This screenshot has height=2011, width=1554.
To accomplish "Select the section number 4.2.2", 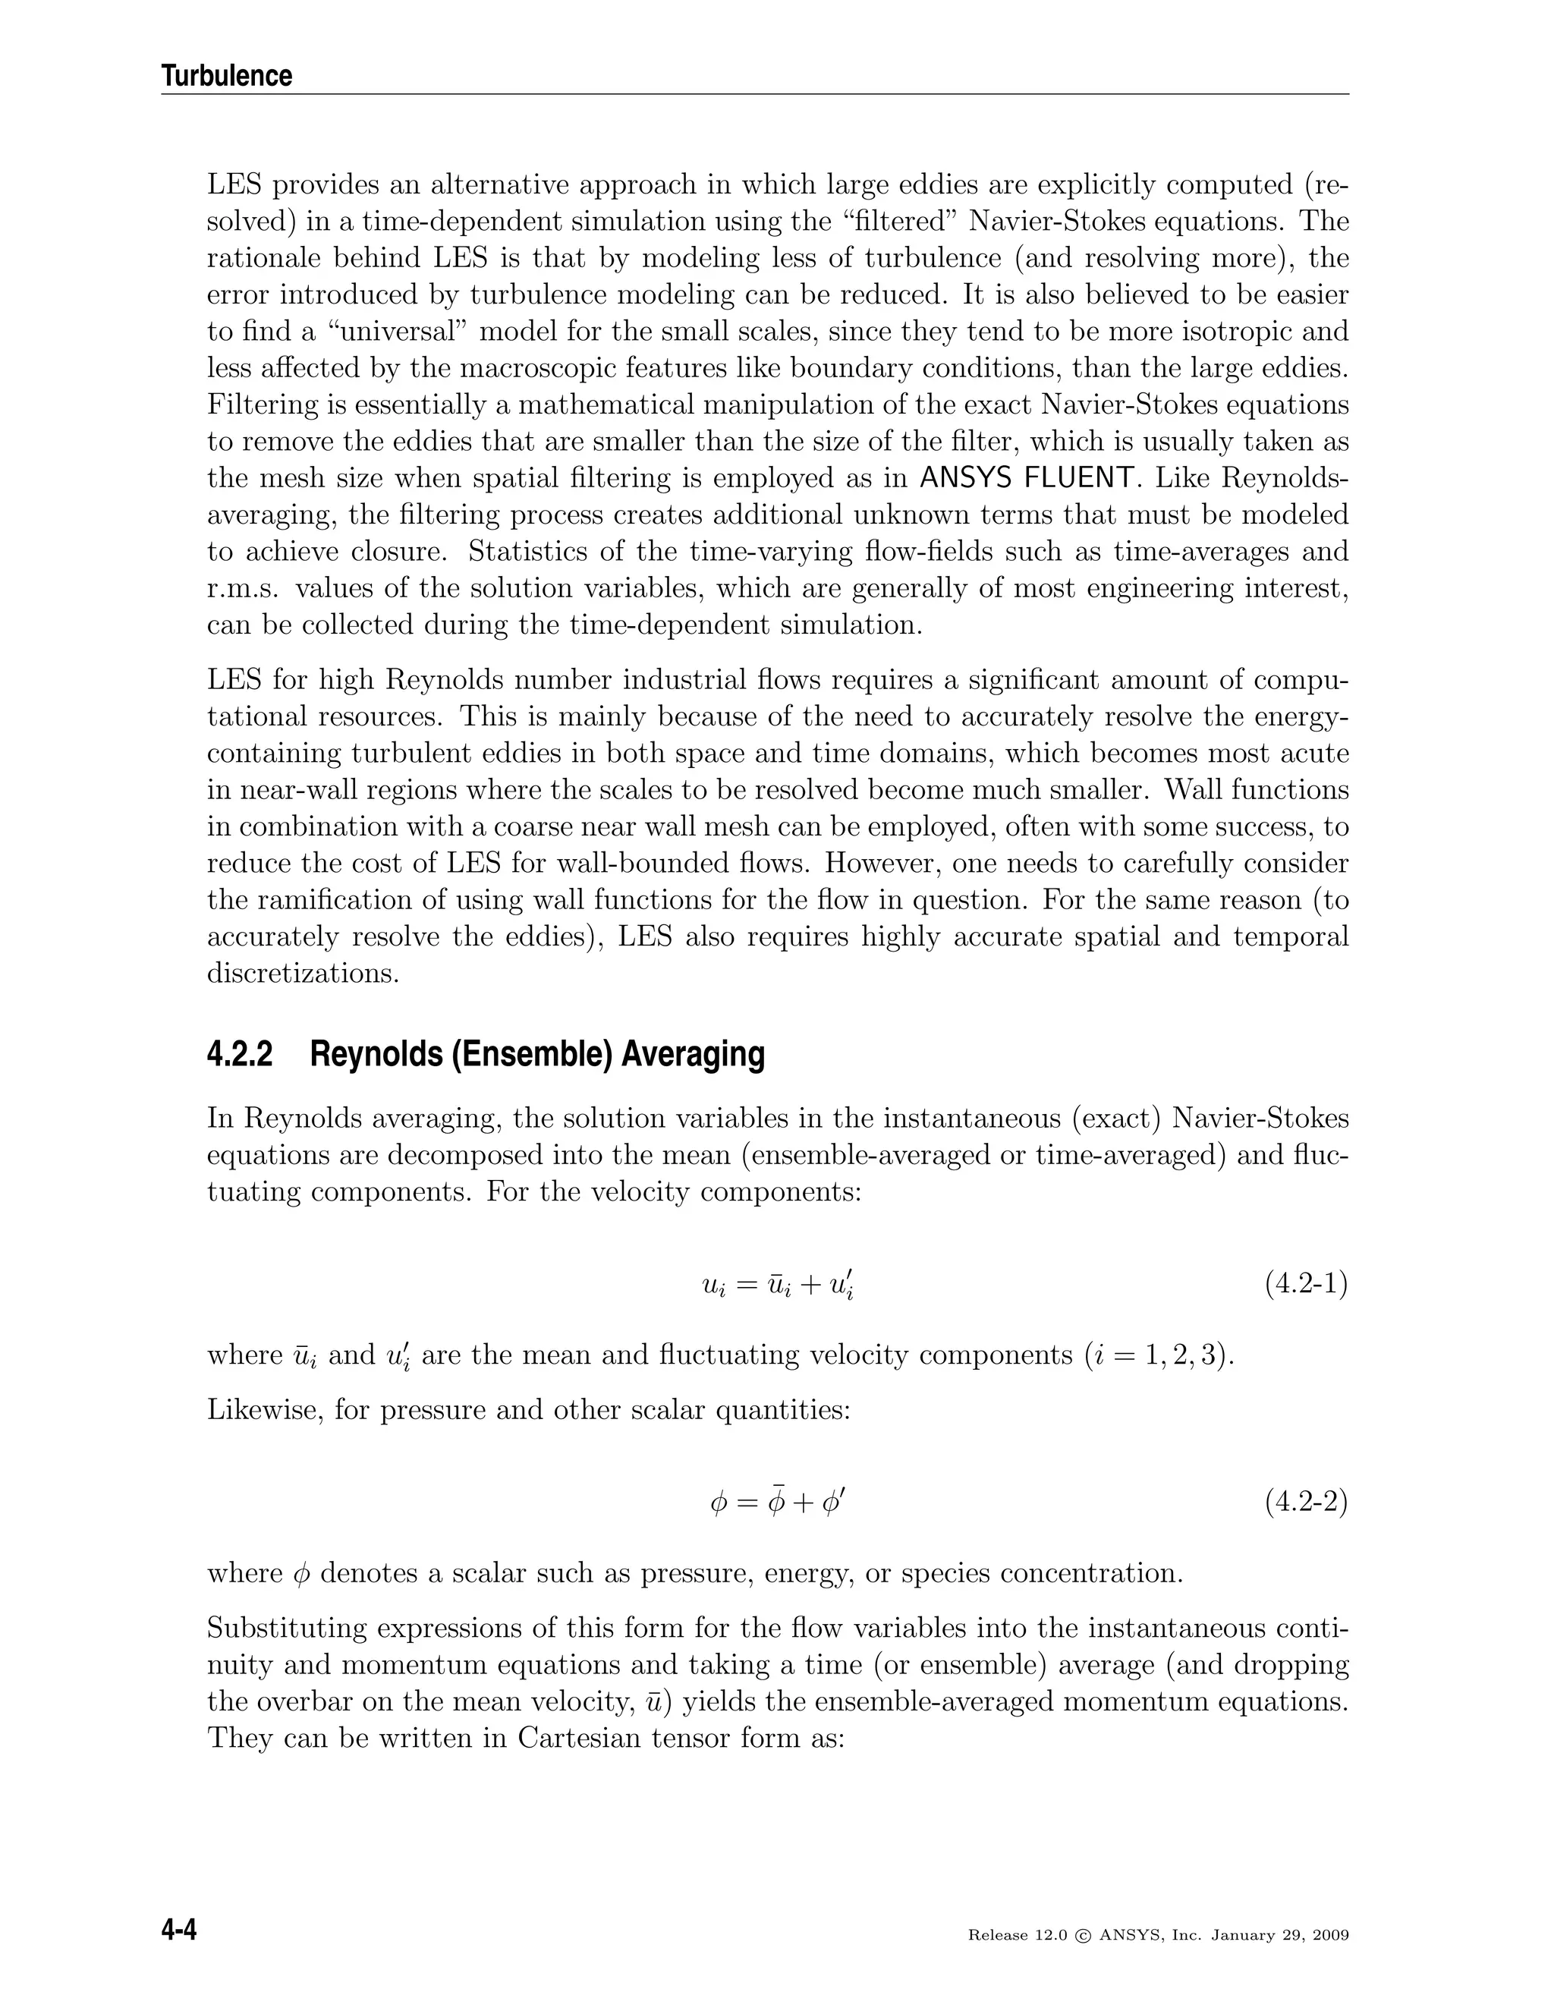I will coord(241,1054).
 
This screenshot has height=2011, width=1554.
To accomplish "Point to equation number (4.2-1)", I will coord(1305,1285).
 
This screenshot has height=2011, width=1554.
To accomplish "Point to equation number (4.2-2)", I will coord(1305,1502).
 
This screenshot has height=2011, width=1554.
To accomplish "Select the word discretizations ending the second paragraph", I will coord(303,974).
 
